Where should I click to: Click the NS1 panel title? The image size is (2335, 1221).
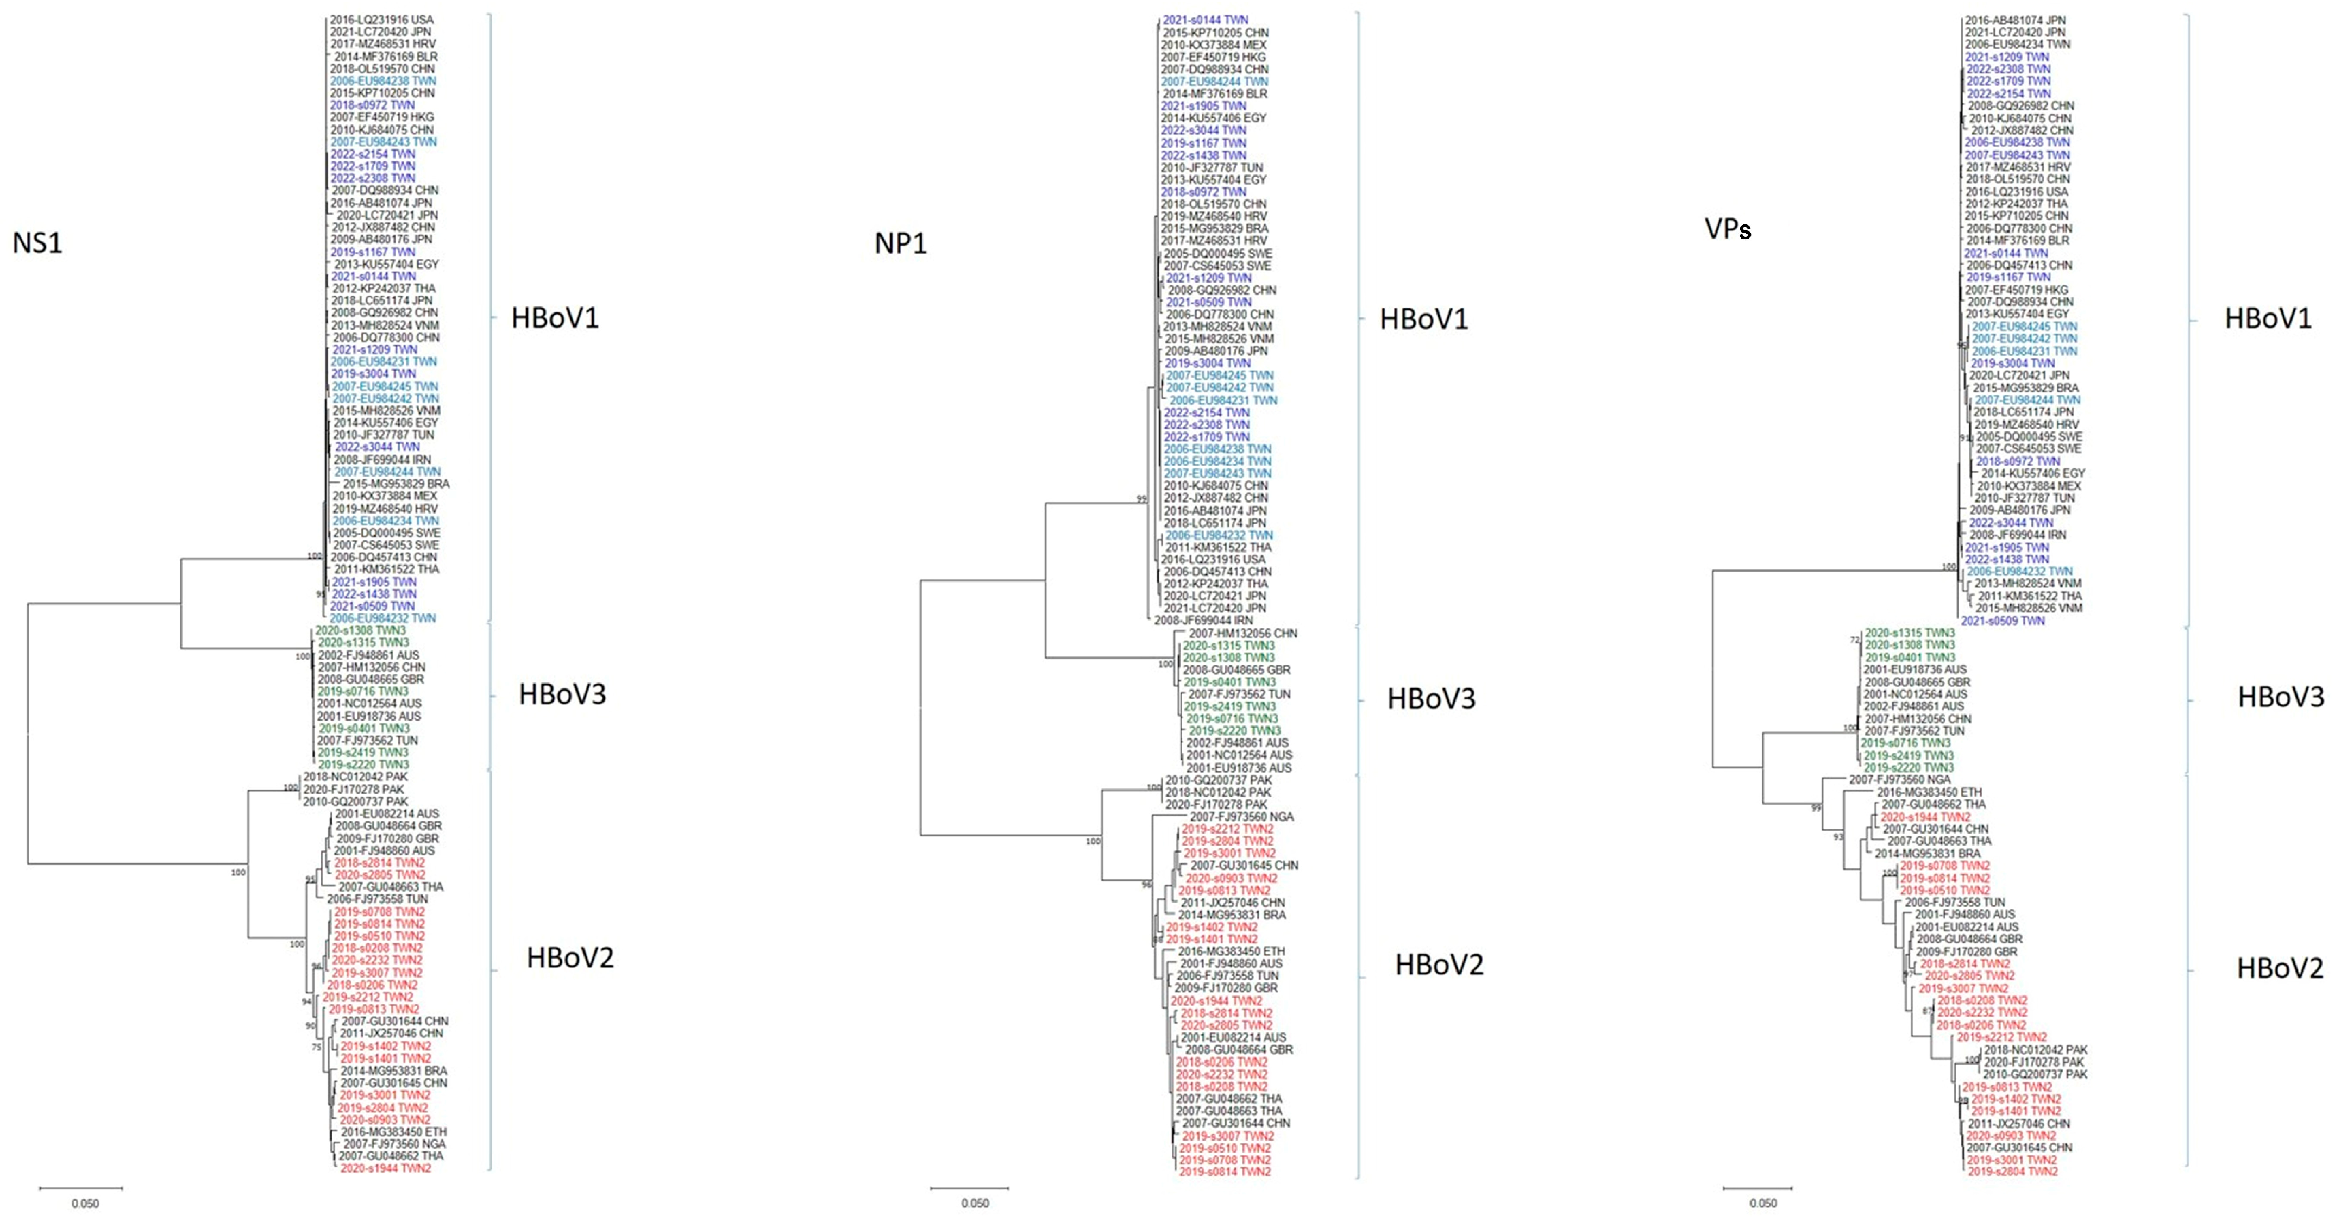[37, 243]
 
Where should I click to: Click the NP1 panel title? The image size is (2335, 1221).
[900, 243]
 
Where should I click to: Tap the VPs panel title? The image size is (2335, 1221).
[1728, 229]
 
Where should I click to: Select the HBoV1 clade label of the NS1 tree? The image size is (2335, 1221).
[555, 318]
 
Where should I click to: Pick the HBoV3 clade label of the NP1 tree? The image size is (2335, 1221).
[1432, 699]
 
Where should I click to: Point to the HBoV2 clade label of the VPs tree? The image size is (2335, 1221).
[2280, 968]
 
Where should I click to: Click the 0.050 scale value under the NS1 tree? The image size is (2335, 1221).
[85, 1204]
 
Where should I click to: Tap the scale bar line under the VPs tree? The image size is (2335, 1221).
[1757, 1187]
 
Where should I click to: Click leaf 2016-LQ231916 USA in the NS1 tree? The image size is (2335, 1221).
[381, 19]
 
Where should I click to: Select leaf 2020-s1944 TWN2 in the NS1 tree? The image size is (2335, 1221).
[385, 1168]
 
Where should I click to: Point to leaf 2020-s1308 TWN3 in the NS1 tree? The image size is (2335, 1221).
[361, 630]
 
